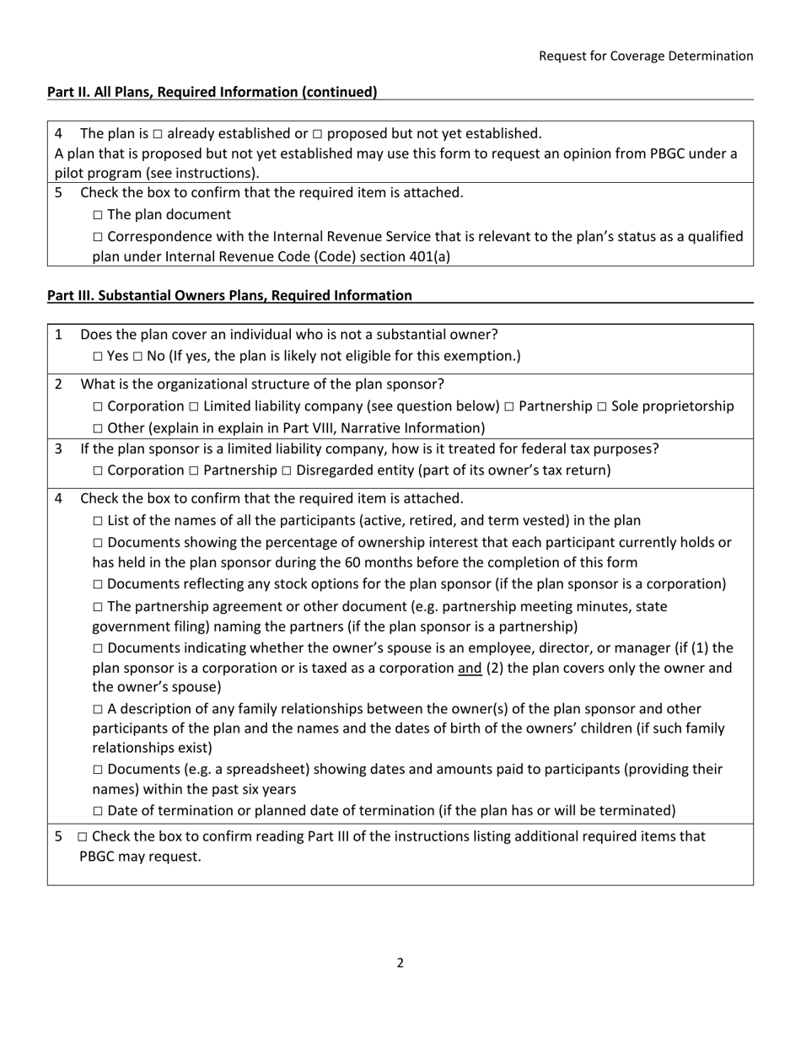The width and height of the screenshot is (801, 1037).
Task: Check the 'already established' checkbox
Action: click(x=158, y=134)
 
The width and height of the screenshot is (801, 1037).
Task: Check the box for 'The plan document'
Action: click(x=98, y=216)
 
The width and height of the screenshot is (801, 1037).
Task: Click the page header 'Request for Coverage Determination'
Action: click(x=646, y=56)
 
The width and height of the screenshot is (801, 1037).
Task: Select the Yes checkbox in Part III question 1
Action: click(x=98, y=357)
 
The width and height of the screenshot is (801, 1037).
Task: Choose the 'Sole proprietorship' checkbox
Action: click(x=602, y=407)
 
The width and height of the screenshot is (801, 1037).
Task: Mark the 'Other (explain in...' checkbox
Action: click(x=98, y=428)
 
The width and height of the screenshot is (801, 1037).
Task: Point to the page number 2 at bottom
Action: click(x=400, y=963)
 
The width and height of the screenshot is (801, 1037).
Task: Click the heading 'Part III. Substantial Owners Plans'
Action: click(x=229, y=295)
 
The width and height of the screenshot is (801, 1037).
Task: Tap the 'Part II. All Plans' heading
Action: click(x=212, y=92)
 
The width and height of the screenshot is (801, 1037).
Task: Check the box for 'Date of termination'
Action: click(x=98, y=811)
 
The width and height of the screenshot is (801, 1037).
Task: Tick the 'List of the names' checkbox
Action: click(x=98, y=521)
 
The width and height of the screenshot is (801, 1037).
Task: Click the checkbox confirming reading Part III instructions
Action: click(x=82, y=837)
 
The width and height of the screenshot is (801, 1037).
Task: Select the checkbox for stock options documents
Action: click(x=98, y=584)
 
